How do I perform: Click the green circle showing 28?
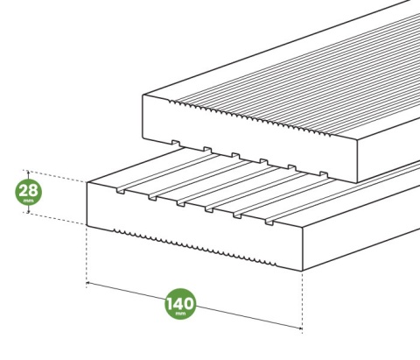29,192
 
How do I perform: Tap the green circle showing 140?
180,304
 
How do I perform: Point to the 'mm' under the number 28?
29,201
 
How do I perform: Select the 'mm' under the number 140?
180,314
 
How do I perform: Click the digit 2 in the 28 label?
24,191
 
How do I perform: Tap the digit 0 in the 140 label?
188,304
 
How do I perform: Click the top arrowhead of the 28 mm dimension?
28,173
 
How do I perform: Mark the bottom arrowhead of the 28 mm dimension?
28,210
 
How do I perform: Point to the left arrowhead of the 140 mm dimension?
88,283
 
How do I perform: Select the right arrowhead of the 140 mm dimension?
300,328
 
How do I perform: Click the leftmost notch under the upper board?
176,144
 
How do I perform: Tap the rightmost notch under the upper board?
324,174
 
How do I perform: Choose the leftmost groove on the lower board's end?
120,190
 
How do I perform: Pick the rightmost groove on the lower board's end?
269,222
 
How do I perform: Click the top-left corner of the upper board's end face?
143,95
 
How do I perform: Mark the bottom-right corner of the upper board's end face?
357,182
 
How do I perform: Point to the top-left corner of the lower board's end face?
87,183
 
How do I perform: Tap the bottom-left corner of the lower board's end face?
87,225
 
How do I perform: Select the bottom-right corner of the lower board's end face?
303,271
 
